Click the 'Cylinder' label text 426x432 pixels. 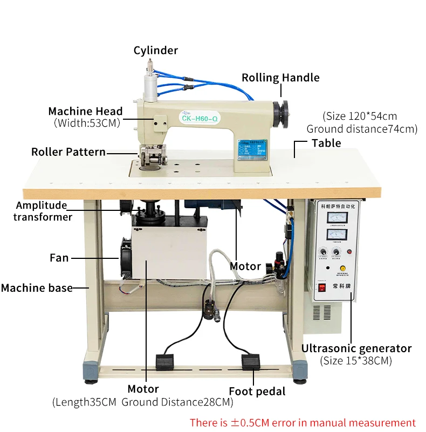pos(155,51)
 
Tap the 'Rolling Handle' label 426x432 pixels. pos(280,78)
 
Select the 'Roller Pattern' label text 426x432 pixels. pos(68,152)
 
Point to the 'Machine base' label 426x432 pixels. pos(37,288)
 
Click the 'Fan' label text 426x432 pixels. pos(59,258)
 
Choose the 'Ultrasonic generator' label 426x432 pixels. pos(356,348)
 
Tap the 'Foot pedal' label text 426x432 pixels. pos(257,392)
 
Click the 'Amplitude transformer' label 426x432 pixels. pos(43,211)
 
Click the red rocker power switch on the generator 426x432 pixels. pos(322,287)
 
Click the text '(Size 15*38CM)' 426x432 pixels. pos(356,361)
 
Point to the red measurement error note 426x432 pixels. pos(303,423)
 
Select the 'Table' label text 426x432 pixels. pos(326,143)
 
